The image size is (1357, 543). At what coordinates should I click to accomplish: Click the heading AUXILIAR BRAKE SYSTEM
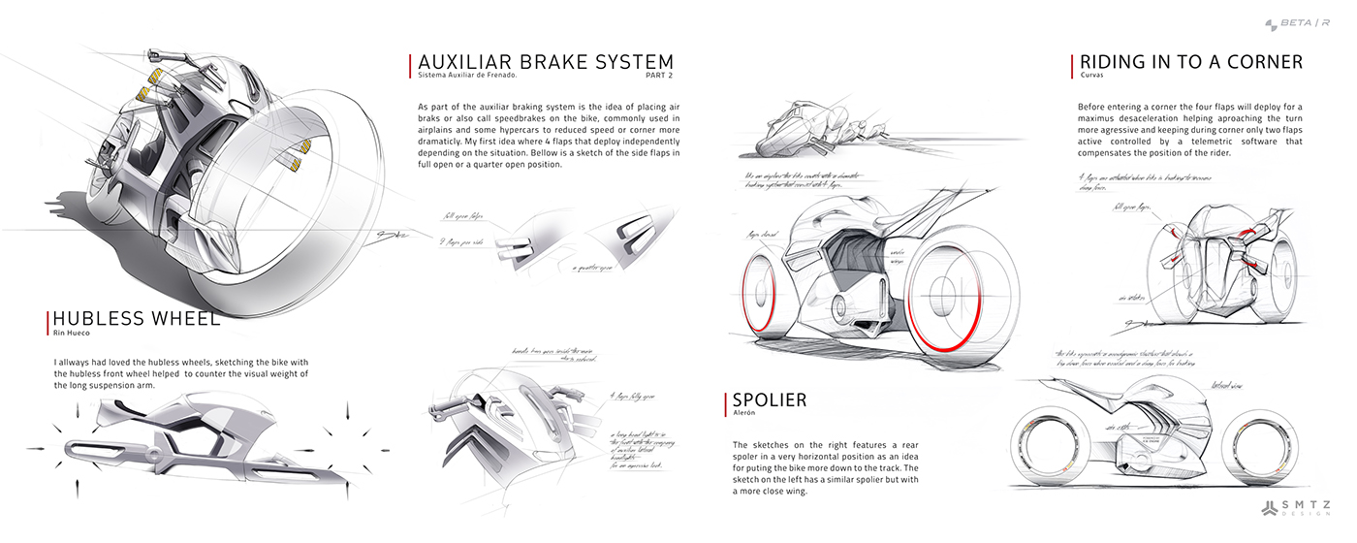[x=546, y=62]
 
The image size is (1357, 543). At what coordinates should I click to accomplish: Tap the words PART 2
[x=659, y=75]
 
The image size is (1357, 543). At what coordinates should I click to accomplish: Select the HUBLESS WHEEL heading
[x=137, y=319]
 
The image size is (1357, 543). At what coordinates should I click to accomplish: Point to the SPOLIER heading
[x=770, y=399]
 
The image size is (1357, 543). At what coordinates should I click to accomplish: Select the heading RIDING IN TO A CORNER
[x=1191, y=62]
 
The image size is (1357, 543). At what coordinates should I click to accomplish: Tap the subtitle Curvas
[x=1092, y=75]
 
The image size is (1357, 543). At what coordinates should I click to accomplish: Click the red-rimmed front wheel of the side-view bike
[x=766, y=300]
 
